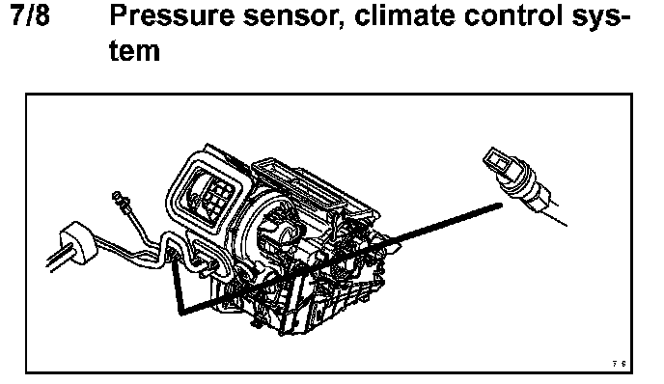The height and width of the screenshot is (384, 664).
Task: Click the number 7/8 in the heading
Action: pos(30,16)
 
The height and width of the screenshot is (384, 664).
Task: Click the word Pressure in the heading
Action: pos(172,16)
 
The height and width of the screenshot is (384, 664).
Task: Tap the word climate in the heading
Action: pos(404,16)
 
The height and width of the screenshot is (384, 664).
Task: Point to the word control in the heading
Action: pos(513,16)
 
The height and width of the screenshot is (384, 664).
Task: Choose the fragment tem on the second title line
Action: pos(135,51)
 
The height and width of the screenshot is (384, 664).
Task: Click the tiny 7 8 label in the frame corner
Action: pos(619,364)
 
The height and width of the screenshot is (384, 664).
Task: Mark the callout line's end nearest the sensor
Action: pos(502,206)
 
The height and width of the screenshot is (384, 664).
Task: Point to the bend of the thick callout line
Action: pos(181,314)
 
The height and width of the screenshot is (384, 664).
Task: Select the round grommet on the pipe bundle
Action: pos(77,243)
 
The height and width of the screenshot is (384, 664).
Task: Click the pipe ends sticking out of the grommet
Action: pos(56,261)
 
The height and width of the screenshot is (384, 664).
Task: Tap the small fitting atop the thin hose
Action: pos(119,199)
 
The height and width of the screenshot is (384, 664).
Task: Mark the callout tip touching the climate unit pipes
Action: pos(173,260)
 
